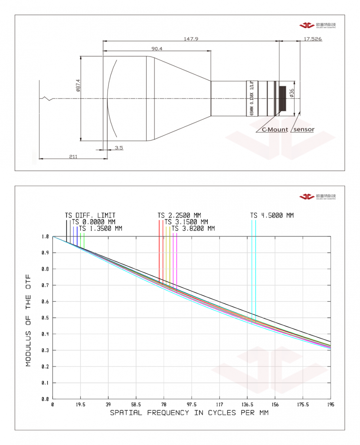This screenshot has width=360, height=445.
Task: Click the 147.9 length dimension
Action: [191, 39]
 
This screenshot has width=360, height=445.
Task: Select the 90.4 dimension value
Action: [157, 49]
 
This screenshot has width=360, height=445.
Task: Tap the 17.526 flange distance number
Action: [312, 39]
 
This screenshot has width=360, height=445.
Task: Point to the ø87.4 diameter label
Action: [78, 85]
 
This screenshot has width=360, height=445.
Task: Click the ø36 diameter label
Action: [292, 93]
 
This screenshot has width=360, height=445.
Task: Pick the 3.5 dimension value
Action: [119, 148]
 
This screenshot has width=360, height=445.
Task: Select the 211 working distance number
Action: [73, 156]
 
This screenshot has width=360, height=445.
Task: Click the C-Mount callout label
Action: [275, 129]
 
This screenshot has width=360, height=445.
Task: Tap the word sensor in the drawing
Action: [304, 129]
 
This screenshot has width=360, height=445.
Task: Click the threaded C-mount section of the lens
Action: [283, 98]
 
